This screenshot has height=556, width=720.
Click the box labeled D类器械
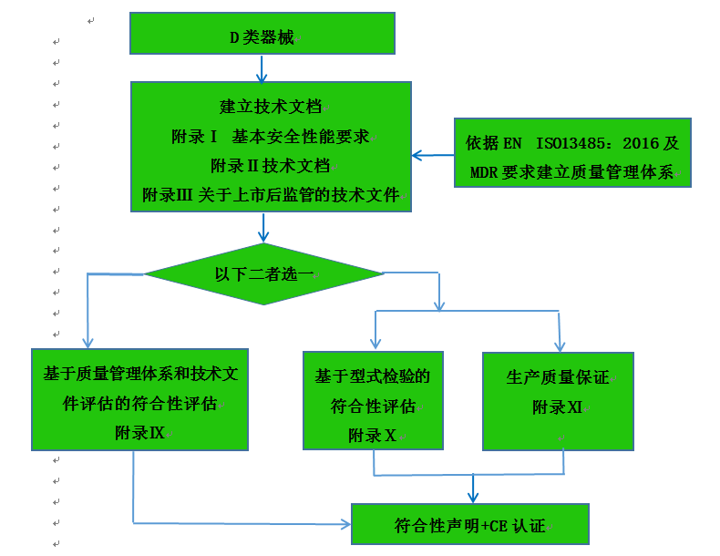(262, 37)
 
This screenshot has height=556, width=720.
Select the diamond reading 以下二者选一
(264, 273)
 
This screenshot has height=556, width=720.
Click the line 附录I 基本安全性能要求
(271, 137)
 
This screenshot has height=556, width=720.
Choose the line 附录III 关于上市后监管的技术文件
(271, 195)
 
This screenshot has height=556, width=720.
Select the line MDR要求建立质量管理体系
(571, 172)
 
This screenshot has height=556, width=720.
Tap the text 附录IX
(139, 432)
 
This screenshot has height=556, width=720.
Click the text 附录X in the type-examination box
(372, 436)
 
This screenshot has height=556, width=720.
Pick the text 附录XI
(557, 407)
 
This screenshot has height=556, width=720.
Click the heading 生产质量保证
(557, 378)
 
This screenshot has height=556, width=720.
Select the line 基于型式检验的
(373, 376)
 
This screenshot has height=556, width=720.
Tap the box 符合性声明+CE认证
(470, 525)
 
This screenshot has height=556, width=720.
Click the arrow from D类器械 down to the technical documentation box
(262, 68)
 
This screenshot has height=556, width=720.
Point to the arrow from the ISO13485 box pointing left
(432, 155)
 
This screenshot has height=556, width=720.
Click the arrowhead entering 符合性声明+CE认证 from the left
(345, 524)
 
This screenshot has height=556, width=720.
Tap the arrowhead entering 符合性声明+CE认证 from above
(473, 497)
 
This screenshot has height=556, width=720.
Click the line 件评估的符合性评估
(139, 403)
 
